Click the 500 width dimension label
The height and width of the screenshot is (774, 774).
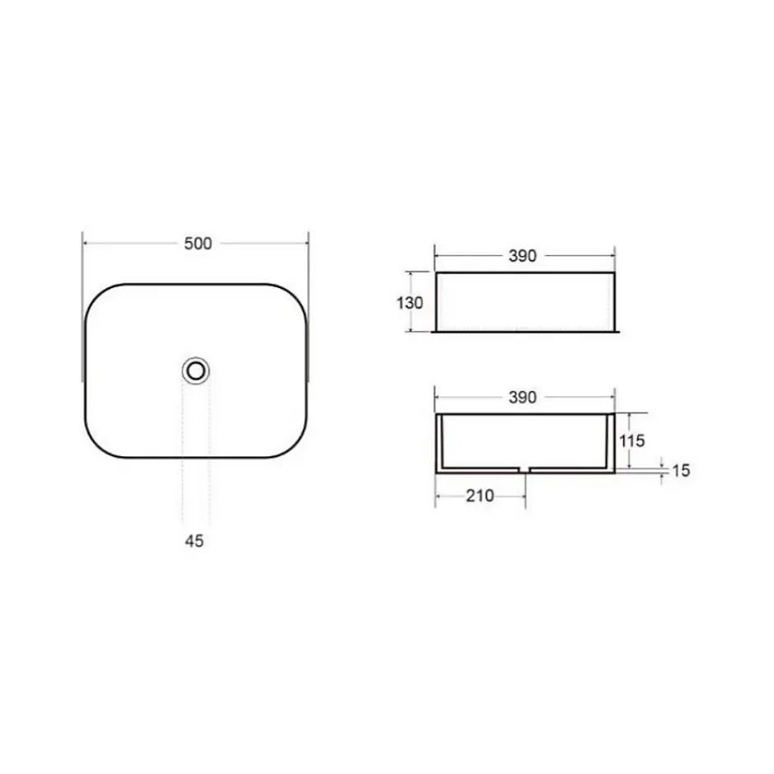198,244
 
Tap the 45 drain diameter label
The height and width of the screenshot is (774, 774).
194,541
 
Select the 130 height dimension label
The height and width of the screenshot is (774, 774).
410,302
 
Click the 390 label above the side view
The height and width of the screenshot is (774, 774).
522,256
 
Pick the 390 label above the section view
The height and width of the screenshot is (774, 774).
522,398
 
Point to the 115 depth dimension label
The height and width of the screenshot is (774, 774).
632,441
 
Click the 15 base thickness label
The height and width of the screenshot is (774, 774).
681,470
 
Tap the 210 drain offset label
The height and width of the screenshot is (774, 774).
480,496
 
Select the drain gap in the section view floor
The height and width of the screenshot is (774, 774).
525,469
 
